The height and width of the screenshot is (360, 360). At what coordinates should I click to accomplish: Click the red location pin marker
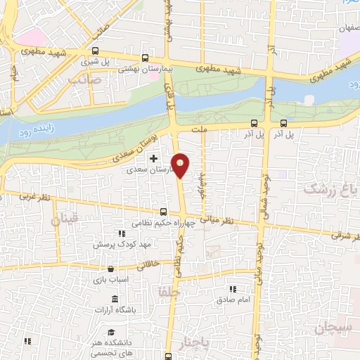(181, 165)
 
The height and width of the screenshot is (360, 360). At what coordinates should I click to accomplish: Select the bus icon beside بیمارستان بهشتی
(145, 58)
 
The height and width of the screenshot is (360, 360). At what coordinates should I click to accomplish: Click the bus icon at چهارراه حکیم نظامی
(164, 212)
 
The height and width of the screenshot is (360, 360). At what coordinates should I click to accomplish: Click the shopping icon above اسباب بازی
(110, 269)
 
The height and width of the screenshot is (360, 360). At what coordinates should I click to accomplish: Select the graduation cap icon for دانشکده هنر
(110, 332)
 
